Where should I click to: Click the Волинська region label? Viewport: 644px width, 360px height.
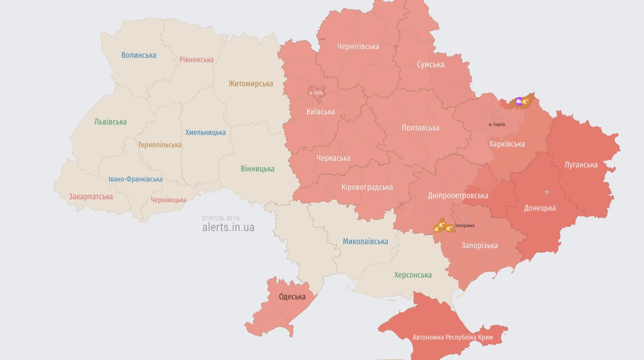coord(138,55)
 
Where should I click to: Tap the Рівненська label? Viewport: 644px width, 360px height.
coord(196,60)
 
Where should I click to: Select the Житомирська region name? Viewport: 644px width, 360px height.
coord(250,84)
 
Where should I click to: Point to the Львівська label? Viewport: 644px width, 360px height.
coord(110,122)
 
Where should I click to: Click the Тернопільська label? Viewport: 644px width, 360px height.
coord(159,145)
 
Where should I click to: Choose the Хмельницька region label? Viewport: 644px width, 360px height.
coord(205,132)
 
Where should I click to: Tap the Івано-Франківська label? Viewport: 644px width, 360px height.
coord(135,179)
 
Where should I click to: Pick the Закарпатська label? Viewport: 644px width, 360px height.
coord(91,196)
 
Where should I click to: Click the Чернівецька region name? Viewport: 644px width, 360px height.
coord(169,200)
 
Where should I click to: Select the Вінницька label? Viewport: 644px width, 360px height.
coord(257,168)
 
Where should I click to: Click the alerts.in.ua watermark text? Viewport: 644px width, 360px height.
coord(228,227)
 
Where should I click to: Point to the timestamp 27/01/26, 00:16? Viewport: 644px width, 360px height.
coord(221,218)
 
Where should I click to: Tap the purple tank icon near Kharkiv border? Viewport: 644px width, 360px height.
coord(518,101)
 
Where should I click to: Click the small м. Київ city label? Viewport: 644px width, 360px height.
coord(316,93)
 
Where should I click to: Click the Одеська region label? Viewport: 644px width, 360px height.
coord(292,297)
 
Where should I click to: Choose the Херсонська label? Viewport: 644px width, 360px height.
coord(413,275)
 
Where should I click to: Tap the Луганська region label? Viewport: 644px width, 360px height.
coord(581,165)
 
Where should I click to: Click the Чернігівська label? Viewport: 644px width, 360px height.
coord(358,46)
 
